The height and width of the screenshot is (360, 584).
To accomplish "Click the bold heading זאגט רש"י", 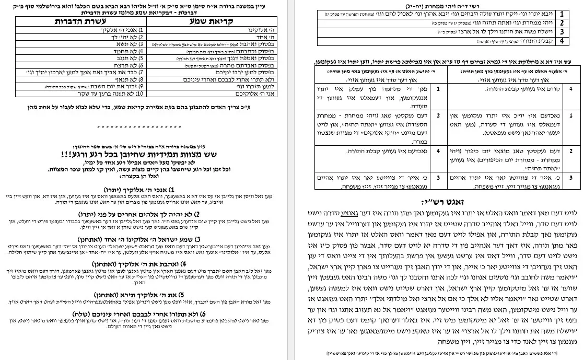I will [446, 201].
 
